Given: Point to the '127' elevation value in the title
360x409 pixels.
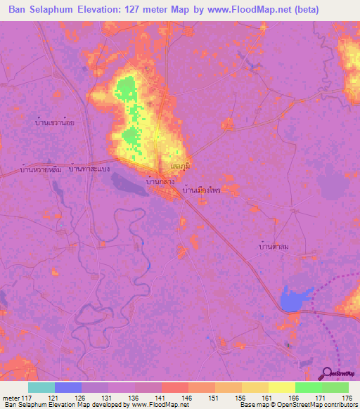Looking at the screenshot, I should (x=133, y=10).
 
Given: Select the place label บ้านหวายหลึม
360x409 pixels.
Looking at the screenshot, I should (x=41, y=170).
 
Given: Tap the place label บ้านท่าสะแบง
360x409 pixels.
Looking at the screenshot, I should (x=90, y=170).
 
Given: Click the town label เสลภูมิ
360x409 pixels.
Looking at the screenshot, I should (x=181, y=165).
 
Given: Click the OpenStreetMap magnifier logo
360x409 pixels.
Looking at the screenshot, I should (x=327, y=373).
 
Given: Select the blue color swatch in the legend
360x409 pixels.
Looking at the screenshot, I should (x=68, y=387).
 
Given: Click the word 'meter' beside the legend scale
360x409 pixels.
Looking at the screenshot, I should (x=10, y=398).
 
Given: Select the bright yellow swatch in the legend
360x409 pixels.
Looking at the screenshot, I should (x=281, y=387).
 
